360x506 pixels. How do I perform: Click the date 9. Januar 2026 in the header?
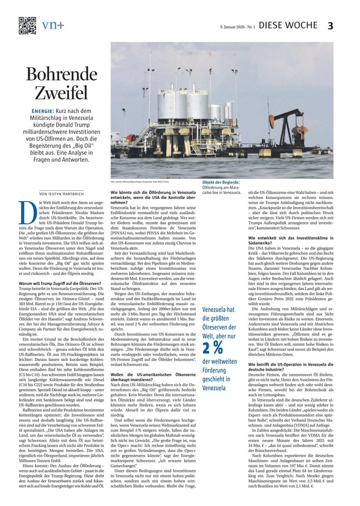pyautogui.click(x=235, y=26)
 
